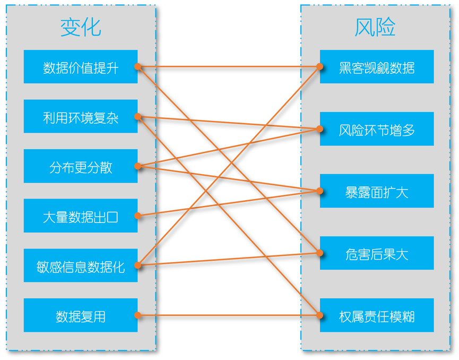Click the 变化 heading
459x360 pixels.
click(81, 27)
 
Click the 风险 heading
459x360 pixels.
click(375, 27)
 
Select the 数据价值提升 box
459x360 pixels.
click(81, 67)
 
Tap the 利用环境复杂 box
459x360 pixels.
click(81, 116)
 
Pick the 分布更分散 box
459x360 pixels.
click(81, 166)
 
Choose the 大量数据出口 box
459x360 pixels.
click(81, 216)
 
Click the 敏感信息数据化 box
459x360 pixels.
click(81, 265)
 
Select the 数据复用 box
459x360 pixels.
click(81, 315)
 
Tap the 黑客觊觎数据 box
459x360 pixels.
click(377, 67)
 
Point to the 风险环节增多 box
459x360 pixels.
click(377, 129)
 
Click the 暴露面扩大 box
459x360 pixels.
click(377, 191)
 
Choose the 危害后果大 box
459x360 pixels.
click(377, 253)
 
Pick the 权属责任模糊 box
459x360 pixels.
click(377, 315)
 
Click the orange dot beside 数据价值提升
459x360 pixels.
click(137, 67)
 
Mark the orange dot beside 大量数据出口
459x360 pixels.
click(137, 216)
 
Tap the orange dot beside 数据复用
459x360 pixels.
click(137, 315)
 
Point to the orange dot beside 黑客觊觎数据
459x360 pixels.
click(320, 67)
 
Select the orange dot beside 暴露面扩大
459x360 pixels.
click(320, 190)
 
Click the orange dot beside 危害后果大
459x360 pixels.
click(320, 253)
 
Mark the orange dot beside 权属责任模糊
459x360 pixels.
click(320, 315)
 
